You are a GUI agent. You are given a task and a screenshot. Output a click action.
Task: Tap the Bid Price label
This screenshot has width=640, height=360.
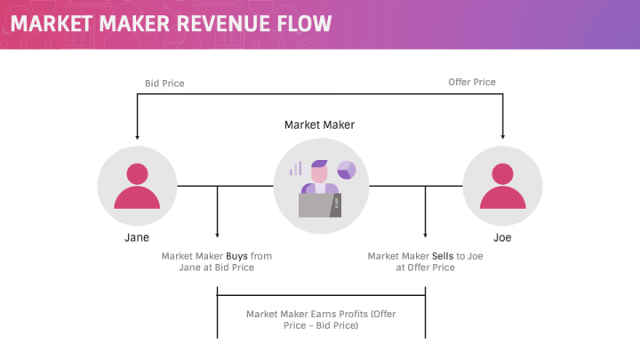(164, 84)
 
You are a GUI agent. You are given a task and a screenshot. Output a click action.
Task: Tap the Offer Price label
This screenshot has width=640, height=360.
(471, 83)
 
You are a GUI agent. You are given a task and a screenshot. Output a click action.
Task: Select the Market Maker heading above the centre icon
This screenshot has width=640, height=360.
(319, 125)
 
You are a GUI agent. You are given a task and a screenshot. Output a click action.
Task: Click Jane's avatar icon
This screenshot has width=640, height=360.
(136, 186)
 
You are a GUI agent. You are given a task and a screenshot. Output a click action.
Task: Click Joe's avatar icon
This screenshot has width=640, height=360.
(502, 186)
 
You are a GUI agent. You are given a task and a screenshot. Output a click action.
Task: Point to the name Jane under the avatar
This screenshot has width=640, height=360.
(136, 238)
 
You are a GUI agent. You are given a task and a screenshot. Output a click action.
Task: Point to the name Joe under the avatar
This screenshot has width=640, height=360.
(502, 238)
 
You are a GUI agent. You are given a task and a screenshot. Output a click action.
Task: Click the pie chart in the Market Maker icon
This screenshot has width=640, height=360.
(346, 170)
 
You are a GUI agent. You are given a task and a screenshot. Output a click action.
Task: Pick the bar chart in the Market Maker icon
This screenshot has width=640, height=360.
(295, 168)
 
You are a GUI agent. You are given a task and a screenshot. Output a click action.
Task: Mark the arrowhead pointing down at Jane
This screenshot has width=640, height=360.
(136, 137)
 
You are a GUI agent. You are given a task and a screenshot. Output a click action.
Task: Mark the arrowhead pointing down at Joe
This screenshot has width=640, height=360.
(503, 137)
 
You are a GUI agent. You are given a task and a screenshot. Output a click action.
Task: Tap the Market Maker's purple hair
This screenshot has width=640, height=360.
(318, 166)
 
